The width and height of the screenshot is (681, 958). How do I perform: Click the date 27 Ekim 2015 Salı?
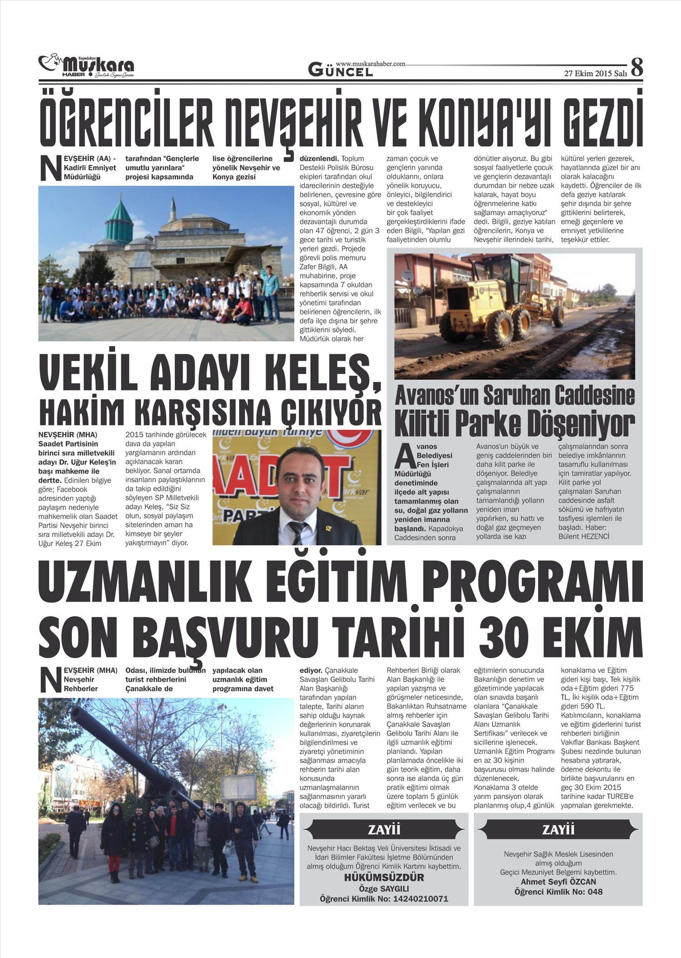(595, 74)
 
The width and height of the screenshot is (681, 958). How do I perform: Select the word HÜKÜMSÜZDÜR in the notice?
(384, 877)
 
